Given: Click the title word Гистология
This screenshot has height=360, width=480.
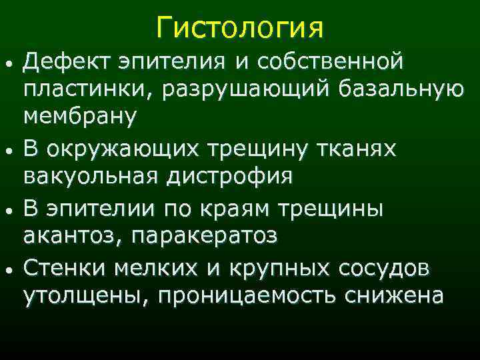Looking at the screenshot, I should (240, 28).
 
